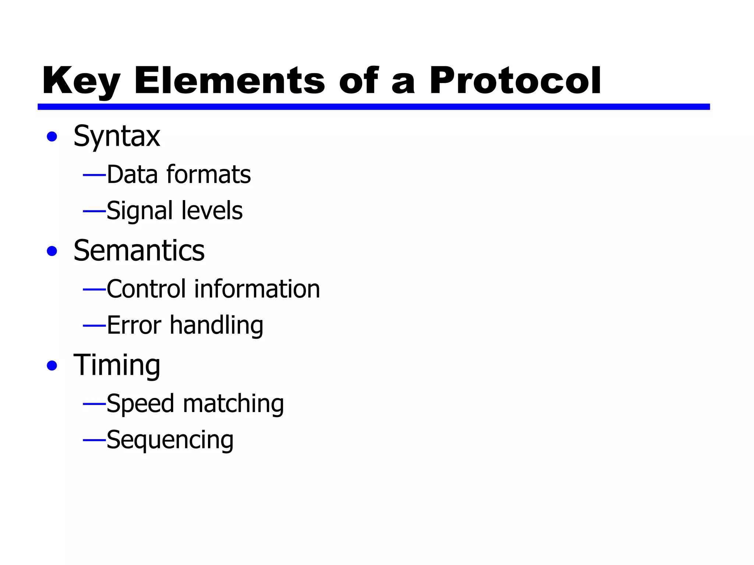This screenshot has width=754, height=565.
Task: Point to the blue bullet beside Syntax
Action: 52,137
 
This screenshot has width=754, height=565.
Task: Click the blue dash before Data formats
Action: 94,175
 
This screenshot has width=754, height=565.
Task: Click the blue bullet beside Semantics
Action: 52,251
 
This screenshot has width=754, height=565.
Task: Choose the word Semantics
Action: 139,251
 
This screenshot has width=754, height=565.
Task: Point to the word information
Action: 257,289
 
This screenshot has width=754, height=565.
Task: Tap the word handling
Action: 216,326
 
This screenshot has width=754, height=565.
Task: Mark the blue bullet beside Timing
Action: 52,366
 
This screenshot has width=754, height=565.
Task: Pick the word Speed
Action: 140,404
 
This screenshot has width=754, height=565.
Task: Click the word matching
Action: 233,404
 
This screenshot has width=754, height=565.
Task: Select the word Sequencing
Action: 170,440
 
